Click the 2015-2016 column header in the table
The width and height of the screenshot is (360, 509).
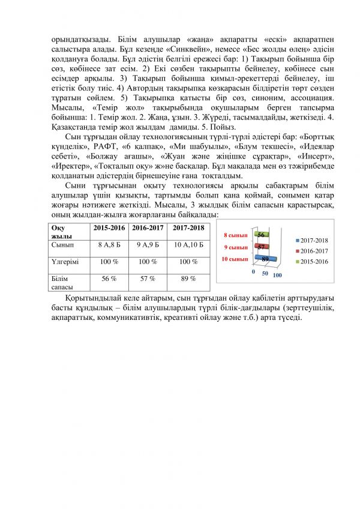109,228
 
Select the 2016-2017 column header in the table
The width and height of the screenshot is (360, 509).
147,228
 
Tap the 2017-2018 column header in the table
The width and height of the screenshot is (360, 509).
188,228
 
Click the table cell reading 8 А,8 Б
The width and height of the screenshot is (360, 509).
109,245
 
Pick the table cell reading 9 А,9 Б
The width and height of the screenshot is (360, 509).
147,245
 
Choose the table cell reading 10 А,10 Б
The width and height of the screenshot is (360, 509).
188,245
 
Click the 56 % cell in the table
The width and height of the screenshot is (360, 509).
109,279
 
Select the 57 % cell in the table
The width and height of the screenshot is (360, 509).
147,279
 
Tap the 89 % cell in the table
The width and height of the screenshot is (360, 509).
188,279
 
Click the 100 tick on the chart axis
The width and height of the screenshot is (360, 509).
277,274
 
